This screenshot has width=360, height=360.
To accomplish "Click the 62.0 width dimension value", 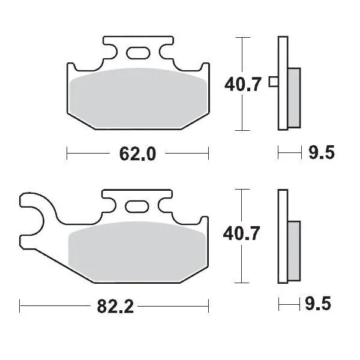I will [x=137, y=154].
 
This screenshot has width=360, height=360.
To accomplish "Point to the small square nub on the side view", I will [x=273, y=82].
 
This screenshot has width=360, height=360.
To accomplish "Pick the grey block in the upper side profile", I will [x=294, y=96].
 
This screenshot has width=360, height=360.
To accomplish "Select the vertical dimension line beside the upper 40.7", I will [x=242, y=54].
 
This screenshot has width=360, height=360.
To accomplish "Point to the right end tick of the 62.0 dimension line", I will [x=208, y=154].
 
